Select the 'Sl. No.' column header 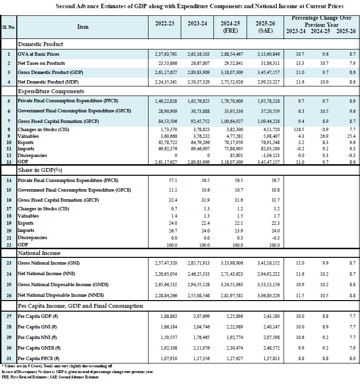[8, 27]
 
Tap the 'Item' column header [83, 27]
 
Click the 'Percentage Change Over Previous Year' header [321, 21]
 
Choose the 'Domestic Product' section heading [38, 44]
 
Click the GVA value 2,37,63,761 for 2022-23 [164, 54]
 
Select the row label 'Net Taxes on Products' [41, 63]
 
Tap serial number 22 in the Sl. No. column [8, 244]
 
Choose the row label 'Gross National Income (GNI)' [48, 263]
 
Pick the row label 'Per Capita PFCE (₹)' [41, 359]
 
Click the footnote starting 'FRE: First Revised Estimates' [50, 377]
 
